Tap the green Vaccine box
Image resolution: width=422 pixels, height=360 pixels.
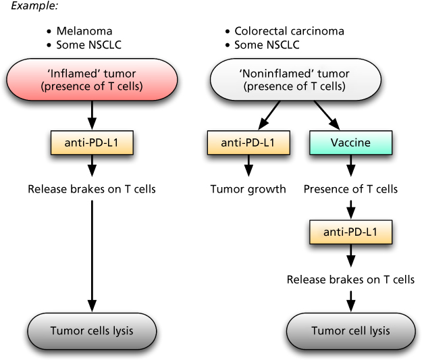click(x=350, y=143)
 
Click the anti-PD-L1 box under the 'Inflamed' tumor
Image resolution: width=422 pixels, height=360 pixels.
click(x=92, y=143)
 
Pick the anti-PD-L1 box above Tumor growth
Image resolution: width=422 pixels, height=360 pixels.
click(x=248, y=143)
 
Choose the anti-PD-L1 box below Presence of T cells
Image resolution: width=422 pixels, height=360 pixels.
click(x=350, y=232)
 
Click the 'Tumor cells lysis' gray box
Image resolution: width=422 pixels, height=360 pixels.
click(x=92, y=331)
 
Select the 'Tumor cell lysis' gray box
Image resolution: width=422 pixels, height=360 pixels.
click(x=350, y=331)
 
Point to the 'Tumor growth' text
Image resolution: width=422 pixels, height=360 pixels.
click(x=248, y=189)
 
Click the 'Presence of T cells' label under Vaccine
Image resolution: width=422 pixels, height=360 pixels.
click(x=350, y=189)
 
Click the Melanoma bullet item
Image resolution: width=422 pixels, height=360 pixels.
click(x=84, y=31)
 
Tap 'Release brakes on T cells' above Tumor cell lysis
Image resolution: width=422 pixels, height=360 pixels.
click(x=350, y=279)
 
